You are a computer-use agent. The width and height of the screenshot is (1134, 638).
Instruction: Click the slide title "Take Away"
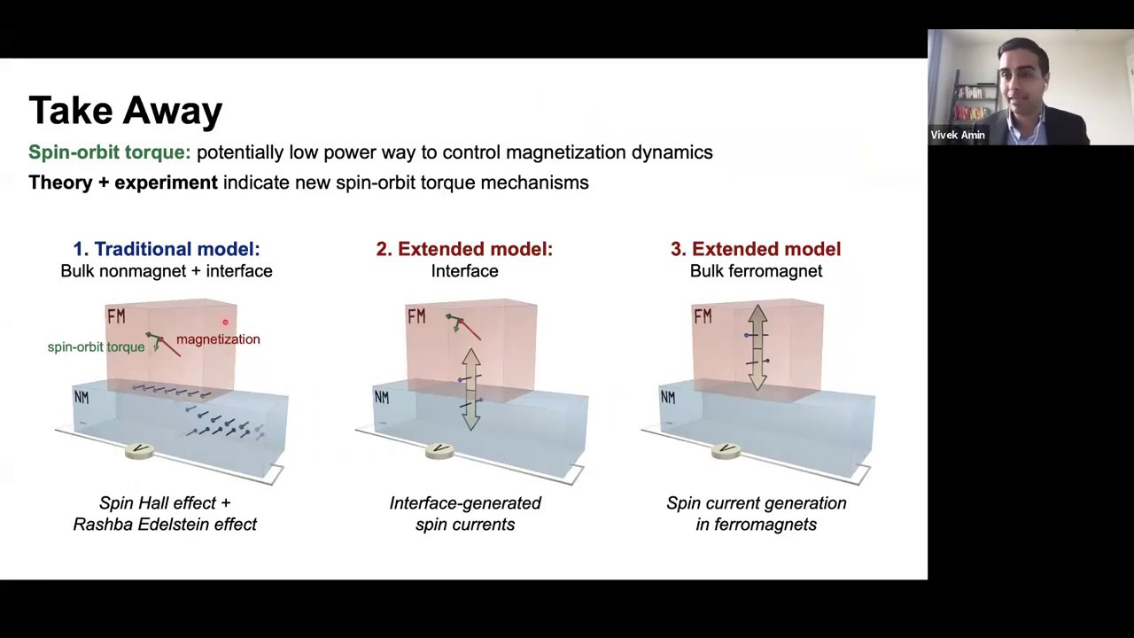(125, 111)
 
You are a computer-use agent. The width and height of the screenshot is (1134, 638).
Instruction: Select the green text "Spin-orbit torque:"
(109, 152)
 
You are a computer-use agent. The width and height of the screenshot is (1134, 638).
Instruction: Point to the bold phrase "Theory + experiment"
(122, 183)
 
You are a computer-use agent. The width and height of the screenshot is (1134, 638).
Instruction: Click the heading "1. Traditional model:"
(167, 249)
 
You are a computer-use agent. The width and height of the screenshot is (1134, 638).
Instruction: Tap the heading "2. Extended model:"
(464, 249)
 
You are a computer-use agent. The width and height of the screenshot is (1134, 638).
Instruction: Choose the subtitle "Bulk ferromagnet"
(756, 271)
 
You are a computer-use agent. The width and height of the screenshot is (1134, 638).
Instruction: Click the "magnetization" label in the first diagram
(218, 339)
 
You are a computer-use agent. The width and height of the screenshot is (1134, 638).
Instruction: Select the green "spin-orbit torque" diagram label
(96, 347)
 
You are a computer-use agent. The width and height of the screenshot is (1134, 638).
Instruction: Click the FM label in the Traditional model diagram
(116, 316)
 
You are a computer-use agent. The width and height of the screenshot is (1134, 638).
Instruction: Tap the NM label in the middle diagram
(381, 398)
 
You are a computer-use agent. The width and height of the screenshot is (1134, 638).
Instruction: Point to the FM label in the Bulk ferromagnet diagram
(703, 316)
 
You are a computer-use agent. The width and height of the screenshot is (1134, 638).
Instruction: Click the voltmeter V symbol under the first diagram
(139, 450)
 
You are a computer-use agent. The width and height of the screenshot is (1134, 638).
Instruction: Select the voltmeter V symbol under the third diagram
(726, 450)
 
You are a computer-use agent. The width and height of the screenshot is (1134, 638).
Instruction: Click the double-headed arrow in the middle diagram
(470, 388)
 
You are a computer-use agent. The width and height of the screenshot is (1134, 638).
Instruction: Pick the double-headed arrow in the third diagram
(757, 347)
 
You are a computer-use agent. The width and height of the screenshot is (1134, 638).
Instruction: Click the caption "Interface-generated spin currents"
(465, 514)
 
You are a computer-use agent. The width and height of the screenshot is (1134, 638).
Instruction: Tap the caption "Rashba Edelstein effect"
(165, 525)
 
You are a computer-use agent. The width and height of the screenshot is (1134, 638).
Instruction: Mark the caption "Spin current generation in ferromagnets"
(756, 514)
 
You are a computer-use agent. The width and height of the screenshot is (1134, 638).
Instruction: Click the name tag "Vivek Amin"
(958, 136)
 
